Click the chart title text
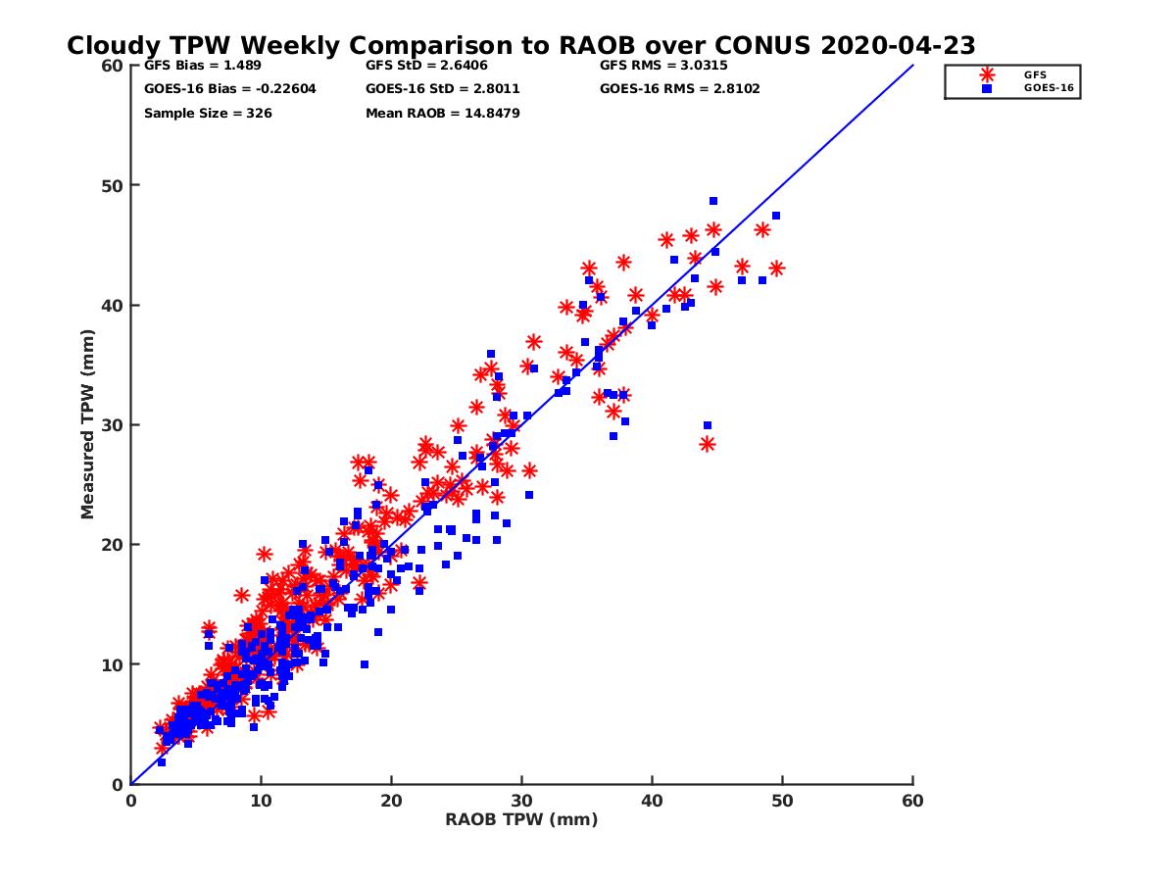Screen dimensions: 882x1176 click(520, 46)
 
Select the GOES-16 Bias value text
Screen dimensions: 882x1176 click(230, 89)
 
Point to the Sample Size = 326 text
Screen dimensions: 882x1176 click(208, 114)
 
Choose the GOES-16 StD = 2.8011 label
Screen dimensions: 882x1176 click(442, 89)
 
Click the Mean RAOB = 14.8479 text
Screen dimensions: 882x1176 click(442, 114)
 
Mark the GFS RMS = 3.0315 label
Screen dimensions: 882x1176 click(663, 66)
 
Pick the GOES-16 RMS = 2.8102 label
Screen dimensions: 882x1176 click(679, 89)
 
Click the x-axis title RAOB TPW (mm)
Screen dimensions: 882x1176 click(521, 820)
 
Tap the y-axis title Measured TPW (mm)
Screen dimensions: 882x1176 click(88, 424)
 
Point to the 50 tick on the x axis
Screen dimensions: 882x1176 click(783, 801)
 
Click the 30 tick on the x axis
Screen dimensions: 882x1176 click(521, 801)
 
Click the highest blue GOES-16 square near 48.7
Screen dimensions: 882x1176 click(713, 201)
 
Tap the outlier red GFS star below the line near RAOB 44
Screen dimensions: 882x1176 click(708, 444)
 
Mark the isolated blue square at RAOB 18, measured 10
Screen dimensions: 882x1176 click(365, 664)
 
